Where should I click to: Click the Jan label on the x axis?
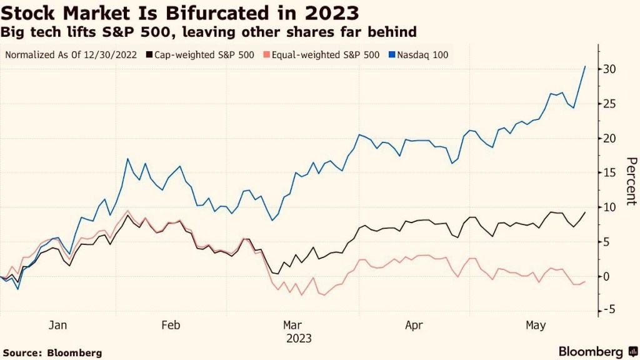coord(57,325)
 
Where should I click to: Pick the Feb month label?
coord(171,325)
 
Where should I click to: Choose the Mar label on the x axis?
coord(293,325)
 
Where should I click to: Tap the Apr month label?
coord(414,325)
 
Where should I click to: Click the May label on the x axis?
coord(536,325)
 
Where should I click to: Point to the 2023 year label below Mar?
coord(299,339)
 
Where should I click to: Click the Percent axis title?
coord(631,181)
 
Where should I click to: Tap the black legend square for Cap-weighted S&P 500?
coord(149,55)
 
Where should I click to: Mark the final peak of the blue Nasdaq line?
coord(585,66)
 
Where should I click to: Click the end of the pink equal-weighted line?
coord(585,281)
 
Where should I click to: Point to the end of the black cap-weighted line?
coord(585,212)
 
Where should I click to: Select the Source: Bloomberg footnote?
coord(52,352)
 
